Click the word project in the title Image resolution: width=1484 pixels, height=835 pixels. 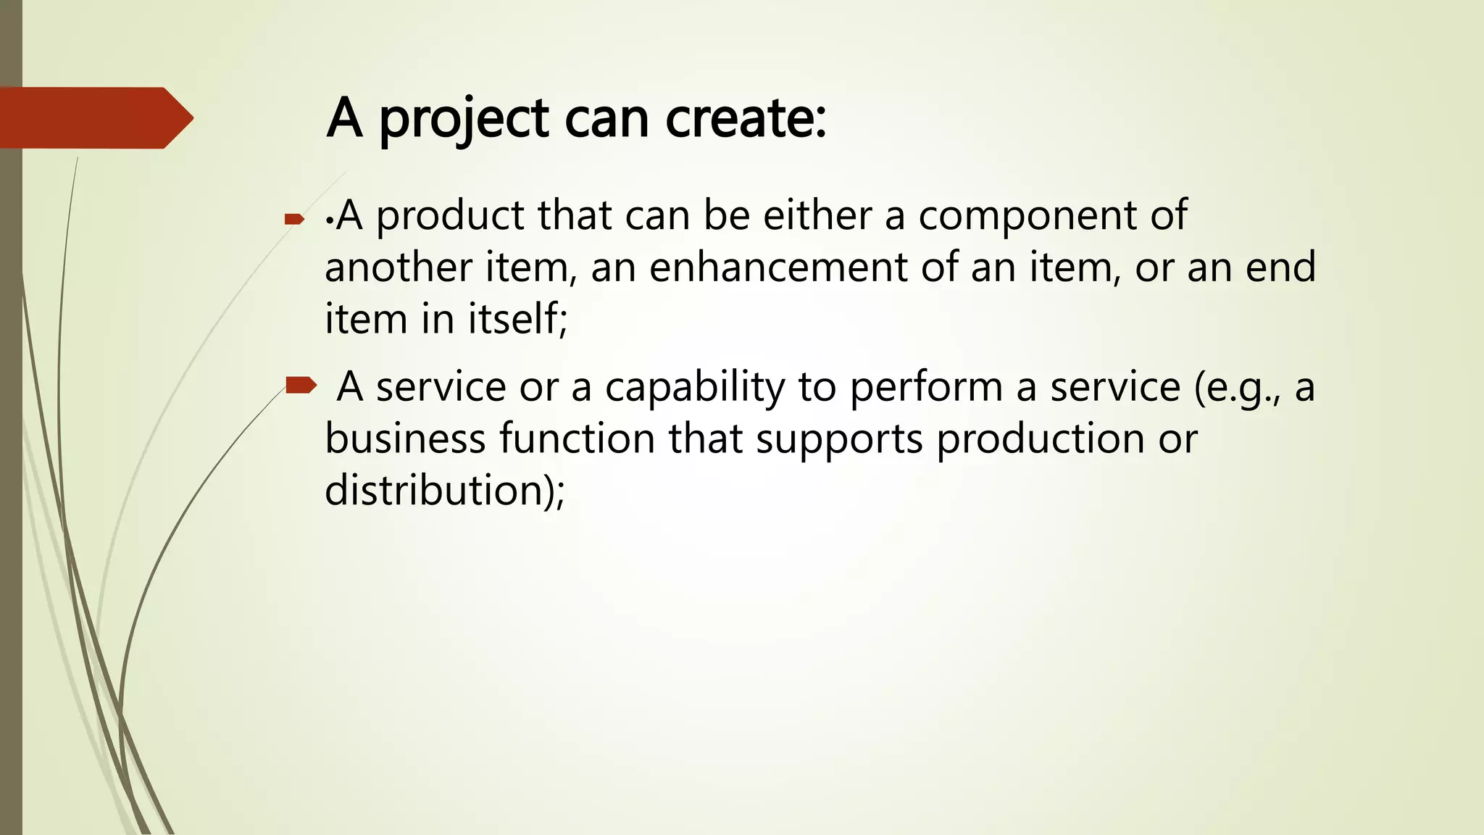pyautogui.click(x=464, y=120)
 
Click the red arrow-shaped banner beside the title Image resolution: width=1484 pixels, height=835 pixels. pyautogui.click(x=94, y=118)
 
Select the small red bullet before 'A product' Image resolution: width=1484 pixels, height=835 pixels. pyautogui.click(x=294, y=218)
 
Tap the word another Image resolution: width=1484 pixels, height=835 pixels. pyautogui.click(x=398, y=267)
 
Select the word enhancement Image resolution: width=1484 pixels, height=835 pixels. pyautogui.click(x=778, y=267)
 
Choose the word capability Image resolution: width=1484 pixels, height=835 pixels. pyautogui.click(x=695, y=388)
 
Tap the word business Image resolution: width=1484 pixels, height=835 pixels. pyautogui.click(x=405, y=439)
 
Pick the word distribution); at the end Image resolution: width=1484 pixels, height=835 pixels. pyautogui.click(x=444, y=491)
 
